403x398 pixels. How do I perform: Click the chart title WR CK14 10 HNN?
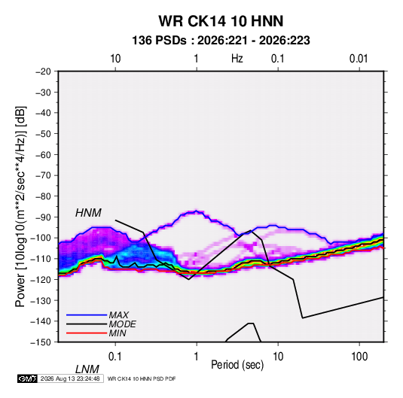pos(221,21)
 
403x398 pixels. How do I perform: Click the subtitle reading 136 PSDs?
pos(159,41)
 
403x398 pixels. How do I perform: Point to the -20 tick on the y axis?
pos(43,71)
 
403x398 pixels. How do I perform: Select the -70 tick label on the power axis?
pos(43,175)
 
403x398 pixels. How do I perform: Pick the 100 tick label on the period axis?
pos(359,357)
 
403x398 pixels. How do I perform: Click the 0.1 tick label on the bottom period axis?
pos(115,357)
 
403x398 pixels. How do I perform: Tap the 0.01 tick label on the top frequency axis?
pos(359,59)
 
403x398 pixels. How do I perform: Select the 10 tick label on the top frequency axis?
pos(115,59)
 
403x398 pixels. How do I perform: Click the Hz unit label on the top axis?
pos(237,59)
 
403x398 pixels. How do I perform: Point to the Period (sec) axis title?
pos(237,365)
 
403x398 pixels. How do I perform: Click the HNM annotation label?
pos(88,213)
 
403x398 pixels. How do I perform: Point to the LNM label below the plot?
pos(87,369)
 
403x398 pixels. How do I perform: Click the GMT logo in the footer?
pos(27,378)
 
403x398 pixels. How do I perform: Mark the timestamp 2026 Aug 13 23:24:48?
pos(70,378)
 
